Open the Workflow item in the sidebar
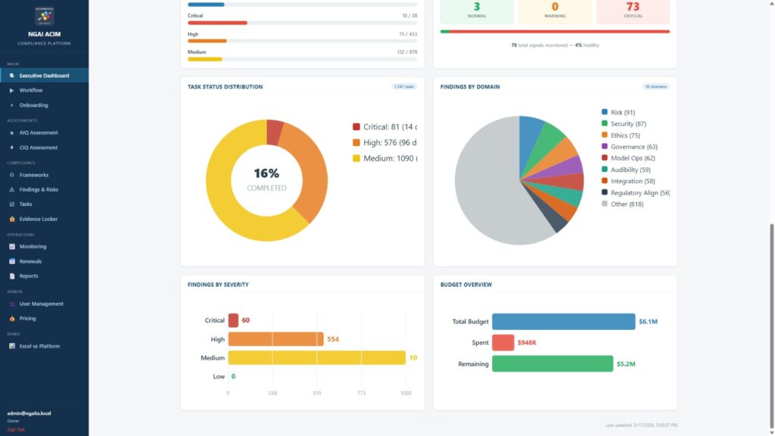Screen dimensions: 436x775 pyautogui.click(x=31, y=90)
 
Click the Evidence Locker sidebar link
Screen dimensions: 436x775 pyautogui.click(x=38, y=219)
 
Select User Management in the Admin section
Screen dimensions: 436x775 pyautogui.click(x=41, y=304)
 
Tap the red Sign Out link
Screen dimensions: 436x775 pyautogui.click(x=16, y=429)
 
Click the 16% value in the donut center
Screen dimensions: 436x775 pyautogui.click(x=266, y=173)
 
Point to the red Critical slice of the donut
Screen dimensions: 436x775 pyautogui.click(x=275, y=132)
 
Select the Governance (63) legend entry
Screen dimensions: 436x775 pyautogui.click(x=633, y=147)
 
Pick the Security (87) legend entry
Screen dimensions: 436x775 pyautogui.click(x=628, y=123)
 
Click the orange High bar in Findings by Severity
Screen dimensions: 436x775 pyautogui.click(x=275, y=339)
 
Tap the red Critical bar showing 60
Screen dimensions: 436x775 pyautogui.click(x=233, y=320)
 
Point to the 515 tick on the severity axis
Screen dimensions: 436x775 pyautogui.click(x=317, y=393)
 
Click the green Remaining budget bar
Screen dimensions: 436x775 pyautogui.click(x=552, y=364)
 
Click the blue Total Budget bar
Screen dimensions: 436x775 pyautogui.click(x=563, y=322)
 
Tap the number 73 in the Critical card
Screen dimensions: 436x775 pyautogui.click(x=633, y=7)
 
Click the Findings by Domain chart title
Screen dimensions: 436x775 pyautogui.click(x=470, y=87)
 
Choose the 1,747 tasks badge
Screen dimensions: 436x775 pyautogui.click(x=403, y=87)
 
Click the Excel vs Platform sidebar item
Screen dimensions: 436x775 pyautogui.click(x=39, y=346)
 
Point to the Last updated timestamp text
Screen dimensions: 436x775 pyautogui.click(x=642, y=425)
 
